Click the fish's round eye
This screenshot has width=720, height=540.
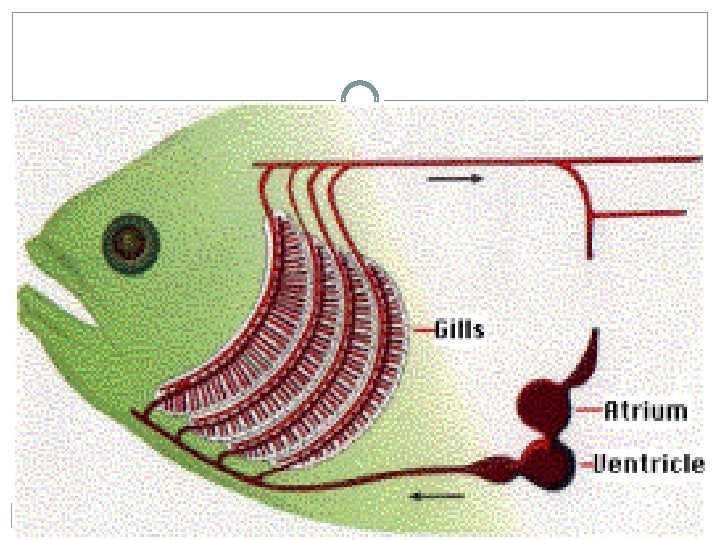(128, 241)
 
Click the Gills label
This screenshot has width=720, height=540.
(459, 329)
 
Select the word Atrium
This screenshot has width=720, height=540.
(646, 410)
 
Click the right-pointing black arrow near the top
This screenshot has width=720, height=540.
(454, 179)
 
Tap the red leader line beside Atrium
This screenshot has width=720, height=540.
(588, 410)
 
